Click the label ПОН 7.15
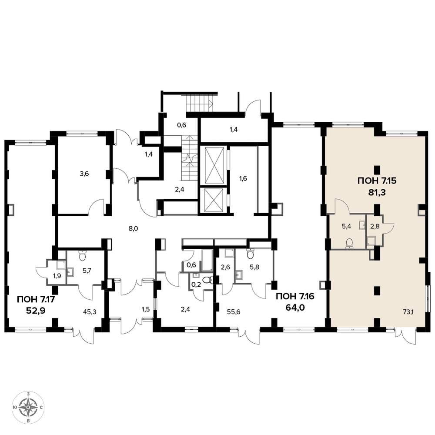pyautogui.click(x=377, y=181)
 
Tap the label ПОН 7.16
pyautogui.click(x=294, y=297)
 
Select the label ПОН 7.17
pyautogui.click(x=37, y=300)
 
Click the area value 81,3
pyautogui.click(x=377, y=192)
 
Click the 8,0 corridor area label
pyautogui.click(x=134, y=228)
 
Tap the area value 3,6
pyautogui.click(x=84, y=174)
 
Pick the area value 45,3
pyautogui.click(x=90, y=312)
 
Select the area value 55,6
pyautogui.click(x=234, y=312)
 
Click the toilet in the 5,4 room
pyautogui.click(x=350, y=243)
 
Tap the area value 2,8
pyautogui.click(x=375, y=226)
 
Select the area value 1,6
pyautogui.click(x=243, y=178)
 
